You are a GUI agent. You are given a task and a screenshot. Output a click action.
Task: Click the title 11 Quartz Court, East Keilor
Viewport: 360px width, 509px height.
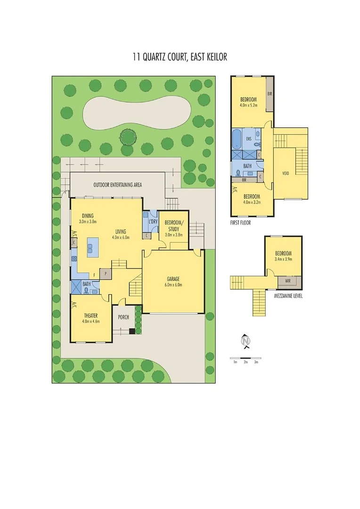pyautogui.click(x=180, y=57)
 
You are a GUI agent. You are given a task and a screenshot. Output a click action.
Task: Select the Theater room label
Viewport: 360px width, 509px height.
pyautogui.click(x=90, y=315)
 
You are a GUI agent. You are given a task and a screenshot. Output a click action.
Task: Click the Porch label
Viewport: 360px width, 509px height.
pyautogui.click(x=123, y=317)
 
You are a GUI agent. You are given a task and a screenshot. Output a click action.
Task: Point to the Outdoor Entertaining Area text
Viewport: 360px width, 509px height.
pyautogui.click(x=117, y=185)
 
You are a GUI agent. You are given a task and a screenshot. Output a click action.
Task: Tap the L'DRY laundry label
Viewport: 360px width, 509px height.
pyautogui.click(x=152, y=222)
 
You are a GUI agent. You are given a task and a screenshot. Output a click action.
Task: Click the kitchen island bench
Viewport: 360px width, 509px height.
pyautogui.click(x=93, y=246)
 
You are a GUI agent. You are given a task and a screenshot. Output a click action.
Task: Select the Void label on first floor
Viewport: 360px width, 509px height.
pyautogui.click(x=285, y=173)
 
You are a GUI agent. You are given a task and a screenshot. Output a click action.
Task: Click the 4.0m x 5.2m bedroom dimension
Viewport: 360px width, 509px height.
pyautogui.click(x=248, y=106)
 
